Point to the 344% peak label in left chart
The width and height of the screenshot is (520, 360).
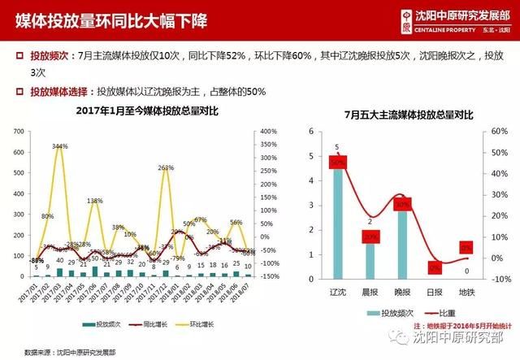[x=59, y=146]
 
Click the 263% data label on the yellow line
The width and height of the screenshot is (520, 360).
[x=165, y=167]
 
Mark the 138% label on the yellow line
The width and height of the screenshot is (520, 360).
[x=94, y=201]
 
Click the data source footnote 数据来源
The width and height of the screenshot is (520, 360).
[x=71, y=351]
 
